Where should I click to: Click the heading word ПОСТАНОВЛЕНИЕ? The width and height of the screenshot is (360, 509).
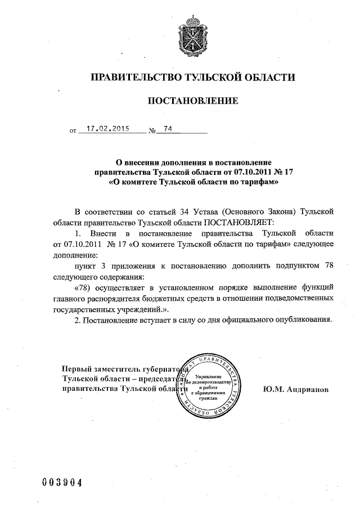pos(193,101)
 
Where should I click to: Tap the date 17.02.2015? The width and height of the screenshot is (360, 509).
pos(105,129)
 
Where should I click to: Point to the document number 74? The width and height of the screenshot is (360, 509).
pos(168,129)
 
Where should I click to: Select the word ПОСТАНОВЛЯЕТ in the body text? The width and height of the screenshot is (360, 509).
pos(237,222)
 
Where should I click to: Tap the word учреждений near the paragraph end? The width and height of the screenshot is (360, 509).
pos(143,309)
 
